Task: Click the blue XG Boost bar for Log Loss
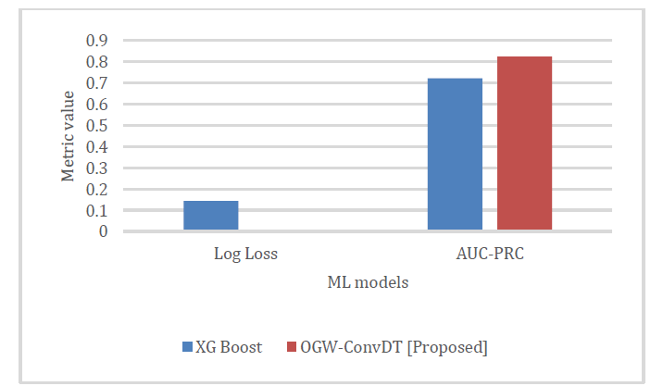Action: pyautogui.click(x=210, y=215)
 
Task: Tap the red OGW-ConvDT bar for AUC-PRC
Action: pyautogui.click(x=524, y=143)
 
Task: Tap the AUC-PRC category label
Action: pyautogui.click(x=490, y=253)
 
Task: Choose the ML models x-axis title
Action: pyautogui.click(x=368, y=283)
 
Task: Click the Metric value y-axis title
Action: pyautogui.click(x=69, y=136)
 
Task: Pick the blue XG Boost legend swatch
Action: pyautogui.click(x=188, y=347)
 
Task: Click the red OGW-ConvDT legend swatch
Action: pyautogui.click(x=292, y=347)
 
